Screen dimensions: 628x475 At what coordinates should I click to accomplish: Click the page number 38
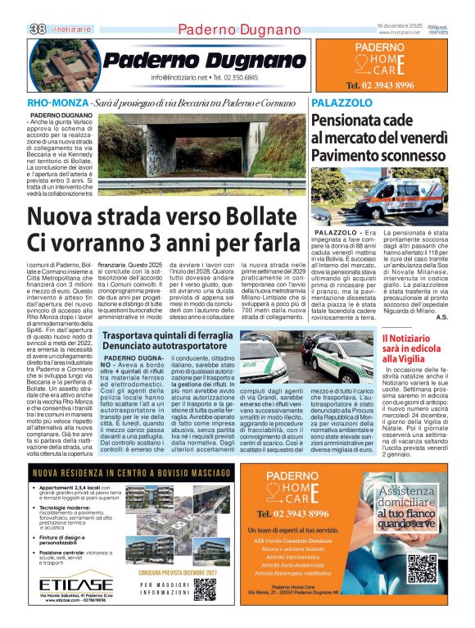38,29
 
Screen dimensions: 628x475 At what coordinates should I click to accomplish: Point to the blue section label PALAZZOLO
337,103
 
